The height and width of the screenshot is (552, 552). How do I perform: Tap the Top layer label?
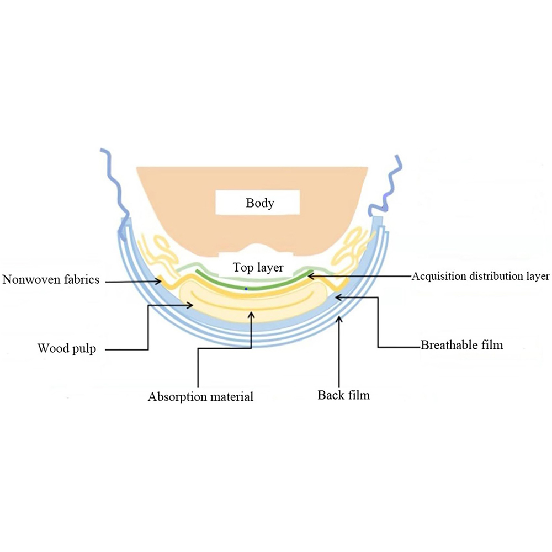(x=258, y=268)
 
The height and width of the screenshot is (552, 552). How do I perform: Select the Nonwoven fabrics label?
(x=51, y=280)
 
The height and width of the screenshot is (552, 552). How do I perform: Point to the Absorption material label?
(x=200, y=396)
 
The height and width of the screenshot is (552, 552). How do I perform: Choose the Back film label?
(x=343, y=395)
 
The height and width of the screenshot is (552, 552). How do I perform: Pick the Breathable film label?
(x=462, y=346)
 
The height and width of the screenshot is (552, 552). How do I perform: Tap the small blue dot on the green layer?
(x=246, y=289)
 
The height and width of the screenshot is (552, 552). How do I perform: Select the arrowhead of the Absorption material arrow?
(x=252, y=313)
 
